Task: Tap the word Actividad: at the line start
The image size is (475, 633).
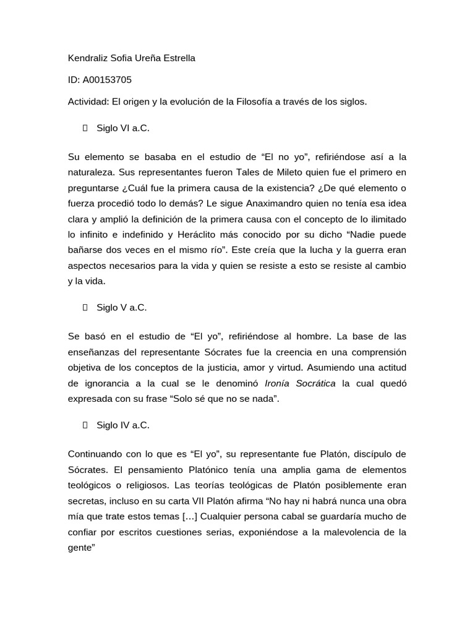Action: coord(88,101)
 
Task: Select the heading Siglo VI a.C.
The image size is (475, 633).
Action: coord(123,129)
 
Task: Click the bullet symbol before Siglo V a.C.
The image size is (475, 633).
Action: coord(85,307)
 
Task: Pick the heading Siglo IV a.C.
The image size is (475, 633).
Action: coord(123,425)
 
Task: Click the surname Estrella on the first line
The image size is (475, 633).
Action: coord(178,58)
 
